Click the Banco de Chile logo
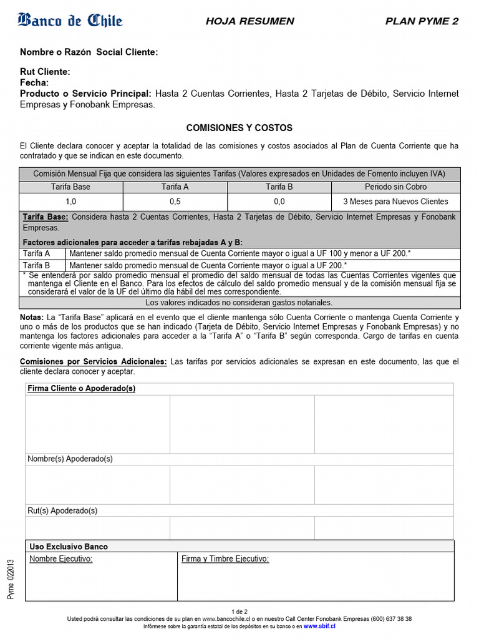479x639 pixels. click(70, 21)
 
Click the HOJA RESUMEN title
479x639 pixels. click(249, 21)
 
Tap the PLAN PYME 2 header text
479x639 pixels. click(422, 21)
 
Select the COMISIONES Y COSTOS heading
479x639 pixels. click(239, 128)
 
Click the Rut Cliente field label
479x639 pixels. click(45, 72)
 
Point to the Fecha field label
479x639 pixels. click(34, 82)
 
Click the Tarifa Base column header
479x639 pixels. click(71, 187)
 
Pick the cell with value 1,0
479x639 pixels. click(71, 202)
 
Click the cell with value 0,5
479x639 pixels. click(175, 202)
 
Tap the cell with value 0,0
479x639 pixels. click(279, 202)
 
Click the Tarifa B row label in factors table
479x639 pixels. click(36, 265)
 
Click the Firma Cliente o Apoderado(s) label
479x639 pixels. click(82, 389)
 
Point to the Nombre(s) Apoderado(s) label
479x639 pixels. click(70, 459)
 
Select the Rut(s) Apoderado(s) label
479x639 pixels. click(62, 510)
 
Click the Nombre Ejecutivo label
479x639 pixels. click(61, 559)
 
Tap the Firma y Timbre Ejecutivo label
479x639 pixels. click(225, 559)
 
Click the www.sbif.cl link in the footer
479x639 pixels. click(320, 626)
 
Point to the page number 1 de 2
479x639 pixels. click(239, 612)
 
